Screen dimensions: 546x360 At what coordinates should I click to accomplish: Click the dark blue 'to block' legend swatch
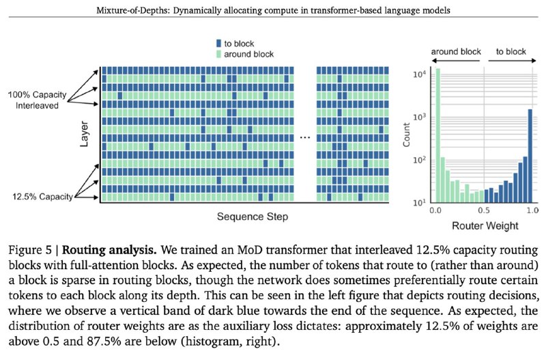[218, 43]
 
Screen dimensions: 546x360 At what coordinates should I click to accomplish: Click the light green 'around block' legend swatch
[218, 54]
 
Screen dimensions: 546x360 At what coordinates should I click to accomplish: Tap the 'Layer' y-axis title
[84, 134]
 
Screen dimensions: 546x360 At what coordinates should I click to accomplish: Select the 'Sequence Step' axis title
[253, 217]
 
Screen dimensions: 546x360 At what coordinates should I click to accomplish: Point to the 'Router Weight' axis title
[485, 226]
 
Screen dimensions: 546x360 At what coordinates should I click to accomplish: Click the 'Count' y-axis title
[406, 135]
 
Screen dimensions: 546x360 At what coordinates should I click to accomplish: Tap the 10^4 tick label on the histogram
[419, 74]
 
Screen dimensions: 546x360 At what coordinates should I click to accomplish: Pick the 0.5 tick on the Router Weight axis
[484, 210]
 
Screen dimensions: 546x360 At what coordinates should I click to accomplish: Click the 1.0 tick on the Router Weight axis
[532, 210]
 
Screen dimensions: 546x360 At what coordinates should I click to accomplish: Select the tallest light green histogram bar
[437, 135]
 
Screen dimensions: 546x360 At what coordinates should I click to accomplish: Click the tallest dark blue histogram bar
[530, 156]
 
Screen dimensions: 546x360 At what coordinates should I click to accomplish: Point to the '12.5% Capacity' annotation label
[42, 197]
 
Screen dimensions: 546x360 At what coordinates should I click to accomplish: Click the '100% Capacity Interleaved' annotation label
[37, 100]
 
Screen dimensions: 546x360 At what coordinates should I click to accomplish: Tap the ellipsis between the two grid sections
[305, 138]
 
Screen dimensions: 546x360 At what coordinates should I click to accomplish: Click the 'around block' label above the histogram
[456, 52]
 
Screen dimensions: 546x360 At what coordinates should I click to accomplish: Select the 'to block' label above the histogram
[511, 52]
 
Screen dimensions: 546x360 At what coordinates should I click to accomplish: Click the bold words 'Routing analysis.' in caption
[109, 250]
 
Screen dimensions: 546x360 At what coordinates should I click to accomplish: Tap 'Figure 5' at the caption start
[30, 250]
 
